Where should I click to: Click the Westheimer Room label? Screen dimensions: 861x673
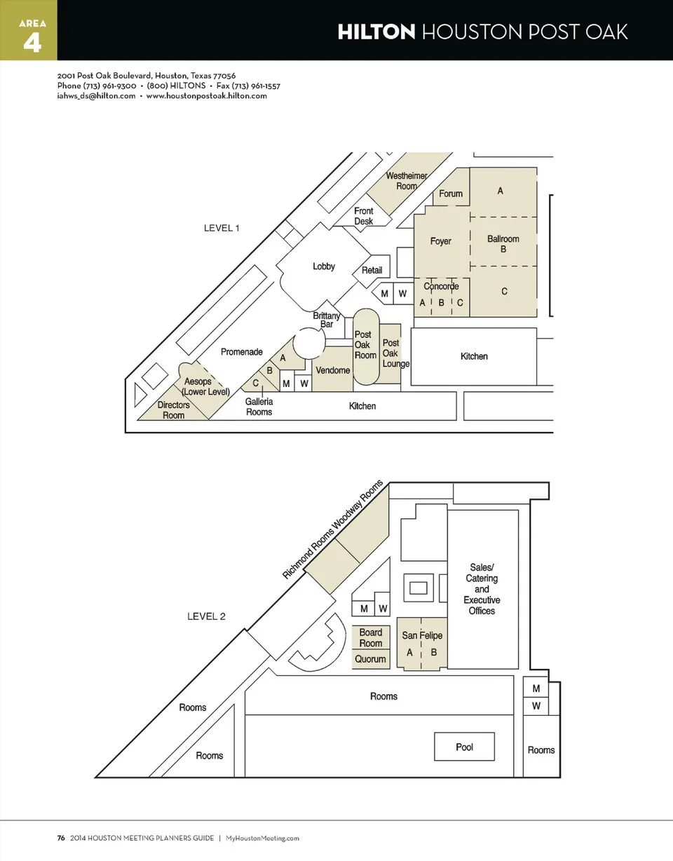click(407, 181)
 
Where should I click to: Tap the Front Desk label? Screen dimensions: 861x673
click(364, 216)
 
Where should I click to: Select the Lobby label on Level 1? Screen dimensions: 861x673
click(324, 266)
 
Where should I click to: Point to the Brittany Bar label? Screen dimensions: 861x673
click(327, 320)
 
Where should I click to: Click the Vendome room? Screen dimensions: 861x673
click(333, 370)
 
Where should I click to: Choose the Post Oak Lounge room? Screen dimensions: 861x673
click(391, 353)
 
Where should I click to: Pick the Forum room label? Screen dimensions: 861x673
click(451, 194)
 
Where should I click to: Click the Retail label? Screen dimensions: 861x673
click(372, 271)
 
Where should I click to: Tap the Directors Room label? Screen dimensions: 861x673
click(173, 410)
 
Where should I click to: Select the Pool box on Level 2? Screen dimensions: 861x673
click(464, 747)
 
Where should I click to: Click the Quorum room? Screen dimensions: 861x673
click(370, 659)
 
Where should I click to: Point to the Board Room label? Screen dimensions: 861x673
click(371, 637)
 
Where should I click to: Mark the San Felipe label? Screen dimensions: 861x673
click(422, 635)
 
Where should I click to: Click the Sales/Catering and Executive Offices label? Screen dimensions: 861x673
click(482, 589)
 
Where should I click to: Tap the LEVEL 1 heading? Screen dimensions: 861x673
click(222, 228)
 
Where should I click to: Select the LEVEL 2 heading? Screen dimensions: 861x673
click(206, 616)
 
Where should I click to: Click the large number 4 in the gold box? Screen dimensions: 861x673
click(32, 43)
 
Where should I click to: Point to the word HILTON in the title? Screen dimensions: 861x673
click(376, 32)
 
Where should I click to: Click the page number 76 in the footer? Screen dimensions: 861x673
click(61, 838)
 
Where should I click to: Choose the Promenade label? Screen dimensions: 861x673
click(242, 351)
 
